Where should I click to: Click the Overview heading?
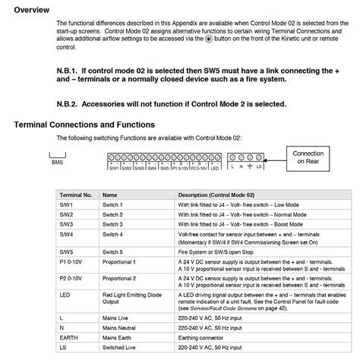(34, 10)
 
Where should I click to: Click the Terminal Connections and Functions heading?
(84, 124)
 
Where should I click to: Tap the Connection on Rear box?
(308, 157)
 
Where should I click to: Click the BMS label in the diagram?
(57, 162)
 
